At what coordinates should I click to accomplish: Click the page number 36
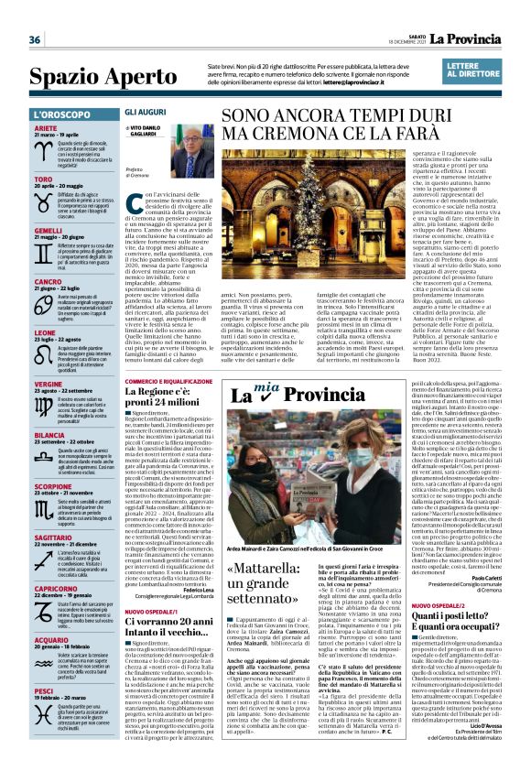35,39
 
